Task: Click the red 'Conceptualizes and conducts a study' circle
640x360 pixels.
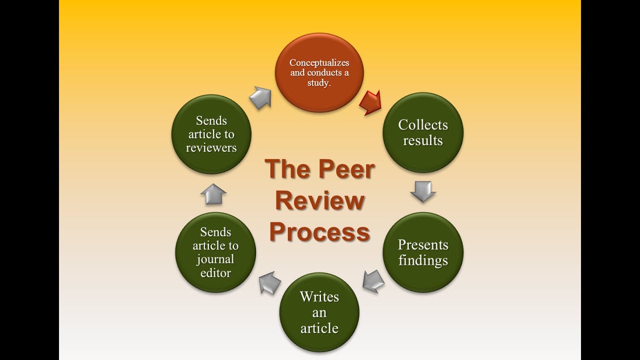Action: tap(319, 72)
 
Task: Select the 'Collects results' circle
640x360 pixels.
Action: tap(423, 132)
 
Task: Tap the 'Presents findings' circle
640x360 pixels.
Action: tap(423, 252)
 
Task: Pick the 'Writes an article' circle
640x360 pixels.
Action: tap(319, 312)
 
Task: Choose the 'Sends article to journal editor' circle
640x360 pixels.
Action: tap(215, 252)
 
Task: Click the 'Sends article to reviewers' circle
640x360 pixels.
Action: tap(211, 134)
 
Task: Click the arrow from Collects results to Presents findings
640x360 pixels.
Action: tap(423, 190)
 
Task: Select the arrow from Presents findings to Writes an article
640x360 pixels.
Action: tap(373, 281)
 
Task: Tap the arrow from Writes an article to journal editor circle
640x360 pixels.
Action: tap(269, 282)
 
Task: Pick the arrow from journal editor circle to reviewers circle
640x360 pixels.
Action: tap(213, 193)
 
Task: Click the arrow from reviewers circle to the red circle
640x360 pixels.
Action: tap(260, 97)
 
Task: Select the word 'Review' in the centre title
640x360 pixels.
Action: tap(320, 200)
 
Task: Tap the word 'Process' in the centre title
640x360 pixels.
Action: tap(320, 231)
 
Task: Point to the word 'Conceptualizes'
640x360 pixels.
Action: tap(319, 63)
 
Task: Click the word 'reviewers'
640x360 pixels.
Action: tap(211, 148)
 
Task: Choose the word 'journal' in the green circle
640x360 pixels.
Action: tap(215, 259)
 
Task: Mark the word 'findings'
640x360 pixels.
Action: tap(423, 260)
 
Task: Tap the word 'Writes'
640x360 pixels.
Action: tap(319, 297)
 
